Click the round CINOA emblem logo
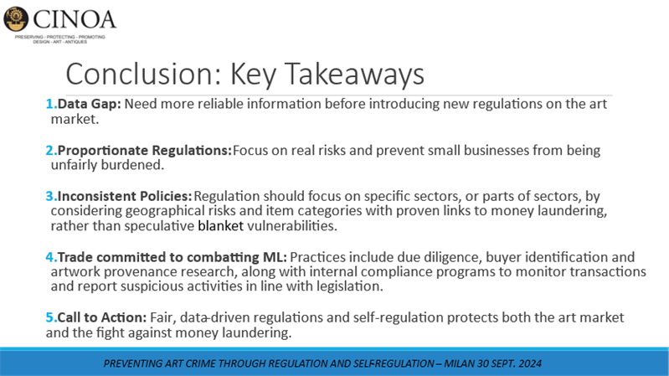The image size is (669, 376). tap(16, 19)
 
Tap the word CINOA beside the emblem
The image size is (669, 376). tap(75, 19)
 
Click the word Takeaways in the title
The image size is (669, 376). tap(354, 74)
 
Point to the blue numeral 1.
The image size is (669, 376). tap(51, 104)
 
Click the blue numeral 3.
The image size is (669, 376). tap(51, 196)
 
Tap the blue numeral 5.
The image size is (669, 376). tap(51, 317)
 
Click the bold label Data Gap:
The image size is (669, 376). tap(90, 104)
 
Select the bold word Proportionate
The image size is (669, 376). tap(103, 150)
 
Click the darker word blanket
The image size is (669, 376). tap(220, 225)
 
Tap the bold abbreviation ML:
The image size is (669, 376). tap(274, 257)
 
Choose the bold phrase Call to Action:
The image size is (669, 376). tap(102, 317)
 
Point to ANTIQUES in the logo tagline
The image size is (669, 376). tap(76, 42)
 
